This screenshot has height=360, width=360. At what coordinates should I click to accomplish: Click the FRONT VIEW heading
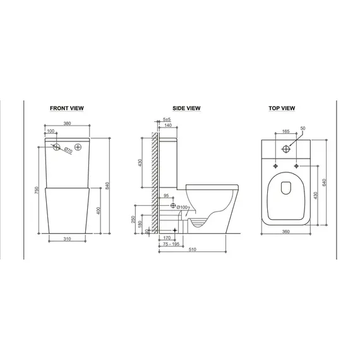pos(70,109)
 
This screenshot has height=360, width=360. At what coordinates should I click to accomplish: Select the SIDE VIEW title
pos(186,109)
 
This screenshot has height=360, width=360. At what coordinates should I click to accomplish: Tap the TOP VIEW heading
pos(282,109)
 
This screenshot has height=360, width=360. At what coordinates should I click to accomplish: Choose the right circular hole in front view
pos(78,147)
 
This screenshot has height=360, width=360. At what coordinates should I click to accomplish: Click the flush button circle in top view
pos(286,148)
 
